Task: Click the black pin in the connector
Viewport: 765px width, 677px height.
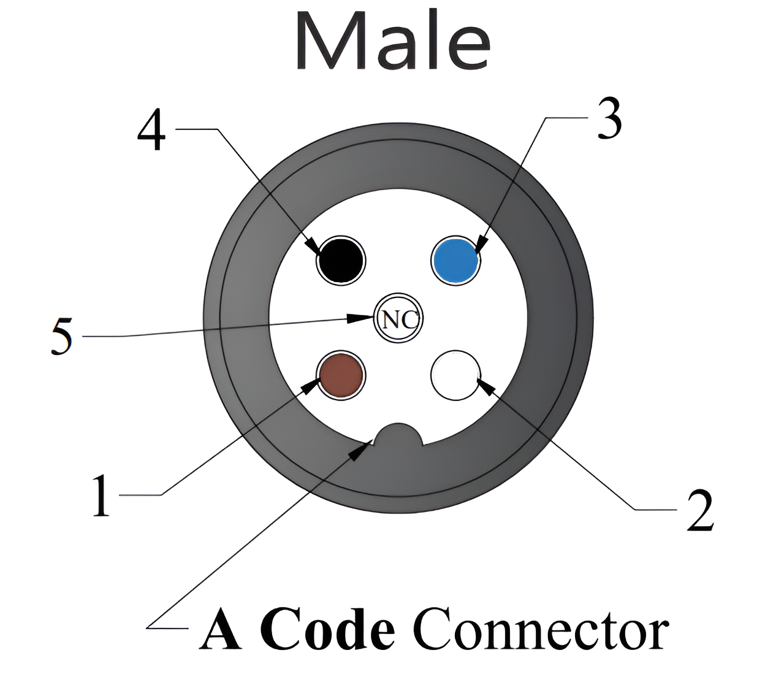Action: [341, 259]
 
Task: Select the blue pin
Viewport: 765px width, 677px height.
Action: [455, 259]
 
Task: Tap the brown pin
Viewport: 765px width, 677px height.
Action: [341, 375]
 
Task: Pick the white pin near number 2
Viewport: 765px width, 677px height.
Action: [455, 375]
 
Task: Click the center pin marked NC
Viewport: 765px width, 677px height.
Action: [398, 319]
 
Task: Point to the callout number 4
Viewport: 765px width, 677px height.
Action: [151, 132]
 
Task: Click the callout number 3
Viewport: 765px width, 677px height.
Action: [609, 118]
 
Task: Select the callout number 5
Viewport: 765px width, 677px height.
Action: [62, 336]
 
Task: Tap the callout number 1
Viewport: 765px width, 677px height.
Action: [101, 495]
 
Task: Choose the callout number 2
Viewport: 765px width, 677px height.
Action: [699, 510]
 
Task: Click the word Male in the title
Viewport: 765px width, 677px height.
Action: [393, 40]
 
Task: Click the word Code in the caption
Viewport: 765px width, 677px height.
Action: [332, 629]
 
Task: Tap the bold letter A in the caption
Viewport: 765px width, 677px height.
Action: [222, 629]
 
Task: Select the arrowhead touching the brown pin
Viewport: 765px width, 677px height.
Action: [311, 386]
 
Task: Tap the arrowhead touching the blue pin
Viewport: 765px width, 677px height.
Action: [480, 247]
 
